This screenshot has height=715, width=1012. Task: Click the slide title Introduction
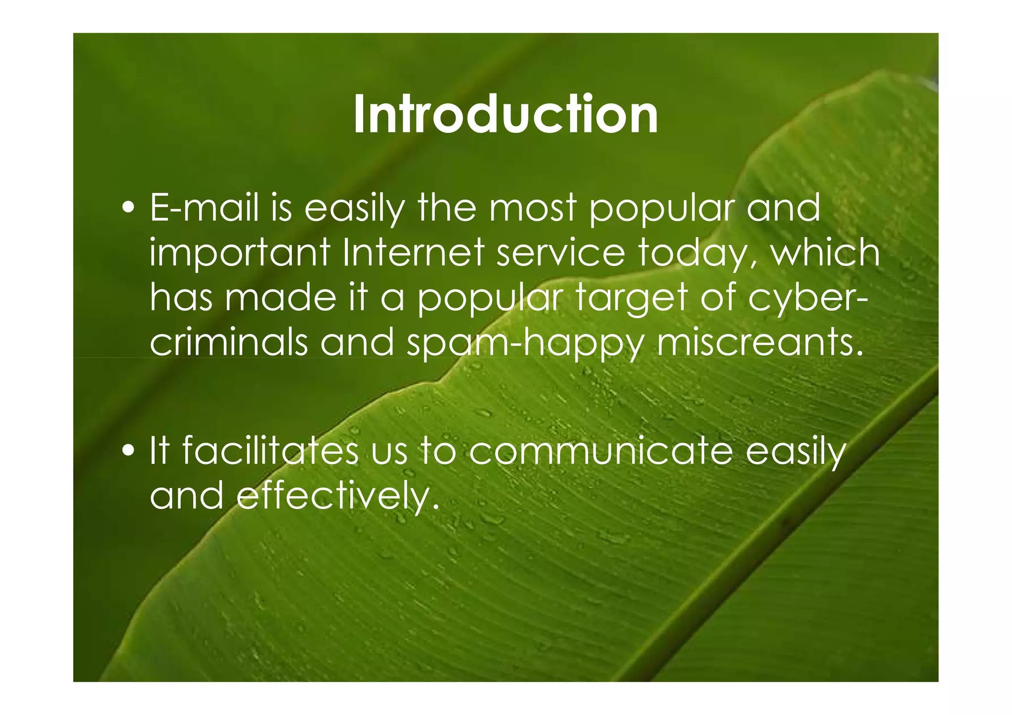click(x=506, y=115)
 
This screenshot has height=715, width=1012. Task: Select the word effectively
click(x=338, y=496)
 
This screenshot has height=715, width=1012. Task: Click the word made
click(x=280, y=298)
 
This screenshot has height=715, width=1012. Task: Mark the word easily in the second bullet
click(x=795, y=453)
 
